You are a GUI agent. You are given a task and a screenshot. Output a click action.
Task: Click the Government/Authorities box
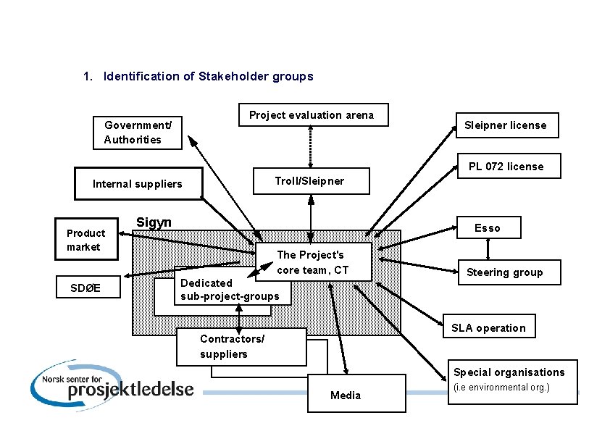click(138, 133)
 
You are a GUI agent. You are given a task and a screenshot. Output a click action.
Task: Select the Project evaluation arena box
click(312, 114)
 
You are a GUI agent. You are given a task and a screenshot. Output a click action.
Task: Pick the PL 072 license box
click(506, 167)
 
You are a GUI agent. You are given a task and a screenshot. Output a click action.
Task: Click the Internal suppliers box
click(138, 184)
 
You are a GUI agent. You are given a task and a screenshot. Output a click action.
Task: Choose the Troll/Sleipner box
click(310, 181)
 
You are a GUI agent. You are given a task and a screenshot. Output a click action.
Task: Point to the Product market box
click(86, 240)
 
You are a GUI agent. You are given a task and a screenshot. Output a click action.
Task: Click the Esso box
click(487, 228)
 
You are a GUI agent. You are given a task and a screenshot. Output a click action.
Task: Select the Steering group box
click(504, 272)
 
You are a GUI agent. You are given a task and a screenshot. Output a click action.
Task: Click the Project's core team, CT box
click(313, 262)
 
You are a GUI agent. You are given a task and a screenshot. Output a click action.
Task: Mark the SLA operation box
click(488, 327)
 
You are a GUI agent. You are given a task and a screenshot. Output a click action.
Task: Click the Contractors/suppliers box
click(242, 347)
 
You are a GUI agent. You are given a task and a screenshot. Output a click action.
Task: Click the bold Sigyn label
click(154, 222)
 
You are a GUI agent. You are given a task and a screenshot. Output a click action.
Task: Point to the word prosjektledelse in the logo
click(130, 389)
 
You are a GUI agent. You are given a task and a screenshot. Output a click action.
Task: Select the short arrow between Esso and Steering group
click(488, 249)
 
